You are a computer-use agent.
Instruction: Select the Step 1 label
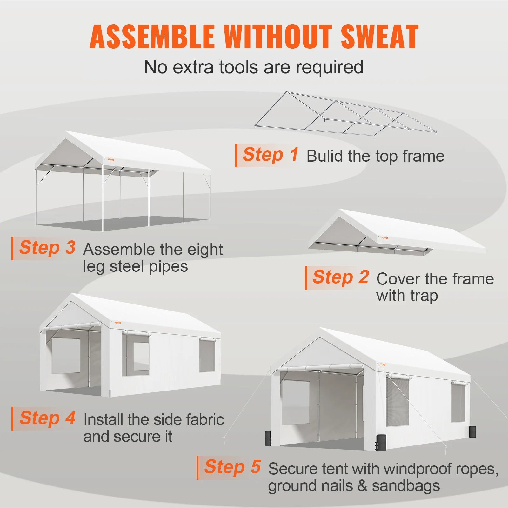click(271, 155)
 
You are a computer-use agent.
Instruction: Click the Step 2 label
click(341, 277)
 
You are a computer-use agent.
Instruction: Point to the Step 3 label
click(47, 248)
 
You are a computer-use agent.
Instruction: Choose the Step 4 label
click(48, 418)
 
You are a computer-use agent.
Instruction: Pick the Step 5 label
click(233, 467)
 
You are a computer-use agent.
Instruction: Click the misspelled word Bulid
click(324, 156)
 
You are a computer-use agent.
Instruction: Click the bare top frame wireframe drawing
click(345, 114)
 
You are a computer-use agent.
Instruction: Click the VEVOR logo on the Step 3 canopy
click(110, 160)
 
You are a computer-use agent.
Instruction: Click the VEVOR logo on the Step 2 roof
click(385, 238)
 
